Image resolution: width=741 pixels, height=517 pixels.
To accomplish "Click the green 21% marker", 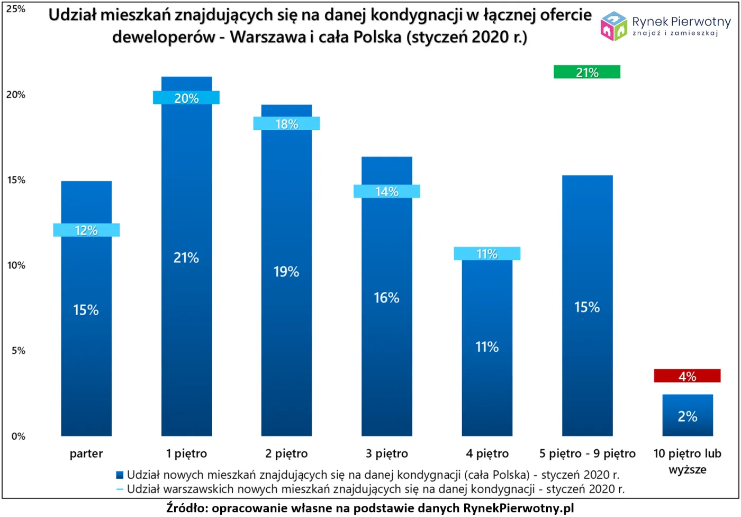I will click(586, 72).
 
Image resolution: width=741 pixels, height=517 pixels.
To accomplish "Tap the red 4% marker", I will click(687, 376).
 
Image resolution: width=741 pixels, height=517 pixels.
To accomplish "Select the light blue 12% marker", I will click(86, 230).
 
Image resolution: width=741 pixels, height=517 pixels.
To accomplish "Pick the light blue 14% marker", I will click(386, 191).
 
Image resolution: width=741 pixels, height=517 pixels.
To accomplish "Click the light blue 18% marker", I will click(286, 123).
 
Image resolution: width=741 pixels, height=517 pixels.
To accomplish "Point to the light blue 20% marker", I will click(186, 98).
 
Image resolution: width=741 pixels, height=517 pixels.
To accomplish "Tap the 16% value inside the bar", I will click(386, 298).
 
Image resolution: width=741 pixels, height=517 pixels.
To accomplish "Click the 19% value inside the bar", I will click(286, 272).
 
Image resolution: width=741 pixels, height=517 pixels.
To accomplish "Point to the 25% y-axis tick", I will click(16, 9).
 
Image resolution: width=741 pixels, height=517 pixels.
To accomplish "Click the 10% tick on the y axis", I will click(16, 265).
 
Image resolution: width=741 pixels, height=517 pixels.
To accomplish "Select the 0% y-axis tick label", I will click(18, 436).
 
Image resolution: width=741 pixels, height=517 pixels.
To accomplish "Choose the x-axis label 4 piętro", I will click(487, 453).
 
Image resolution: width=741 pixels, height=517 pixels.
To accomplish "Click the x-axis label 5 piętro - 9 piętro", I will click(587, 453).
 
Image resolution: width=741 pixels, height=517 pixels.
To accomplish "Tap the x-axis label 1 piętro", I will click(186, 453).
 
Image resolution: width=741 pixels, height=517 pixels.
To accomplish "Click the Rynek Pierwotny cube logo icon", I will click(613, 26).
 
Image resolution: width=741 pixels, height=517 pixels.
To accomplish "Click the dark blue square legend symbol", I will click(120, 475).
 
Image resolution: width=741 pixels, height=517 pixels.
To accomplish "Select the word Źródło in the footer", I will click(186, 507).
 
